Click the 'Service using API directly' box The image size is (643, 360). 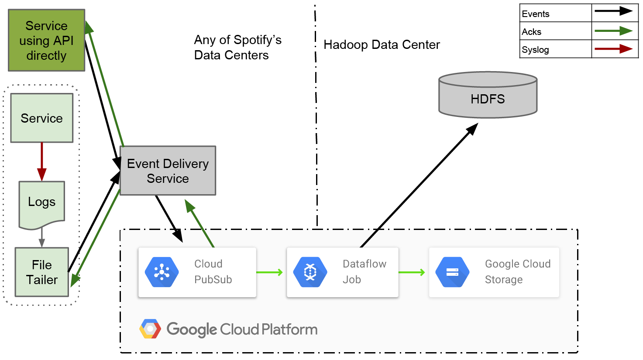click(x=47, y=40)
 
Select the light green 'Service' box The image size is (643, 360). click(x=42, y=118)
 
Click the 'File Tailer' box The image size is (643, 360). click(x=42, y=272)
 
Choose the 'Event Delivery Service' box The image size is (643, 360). click(x=168, y=171)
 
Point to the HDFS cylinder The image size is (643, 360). click(x=488, y=95)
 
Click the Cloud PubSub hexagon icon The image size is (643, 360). click(x=162, y=272)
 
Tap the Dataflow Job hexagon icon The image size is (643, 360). click(x=310, y=272)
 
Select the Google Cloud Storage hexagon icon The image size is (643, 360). click(x=452, y=272)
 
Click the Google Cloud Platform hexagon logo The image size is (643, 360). click(x=150, y=329)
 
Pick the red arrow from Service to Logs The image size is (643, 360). click(x=42, y=161)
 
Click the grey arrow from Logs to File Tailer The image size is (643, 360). click(x=42, y=237)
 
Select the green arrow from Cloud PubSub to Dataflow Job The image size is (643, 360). click(x=269, y=272)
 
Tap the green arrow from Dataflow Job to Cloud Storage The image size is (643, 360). click(x=412, y=272)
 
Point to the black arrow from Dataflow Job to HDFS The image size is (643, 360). click(x=419, y=185)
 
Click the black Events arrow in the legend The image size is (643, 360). click(x=613, y=11)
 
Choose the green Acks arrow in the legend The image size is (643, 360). click(x=613, y=31)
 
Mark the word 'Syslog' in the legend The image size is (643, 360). click(x=535, y=50)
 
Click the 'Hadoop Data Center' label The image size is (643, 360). click(x=382, y=45)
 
